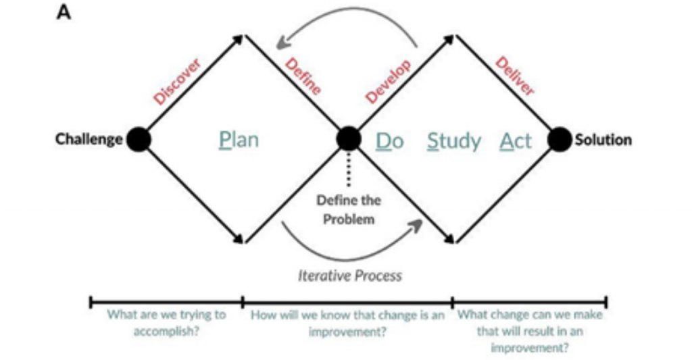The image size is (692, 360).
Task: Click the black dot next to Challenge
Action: pyautogui.click(x=138, y=140)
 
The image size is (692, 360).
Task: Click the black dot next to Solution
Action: pyautogui.click(x=560, y=140)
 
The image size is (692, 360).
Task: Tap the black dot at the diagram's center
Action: pyautogui.click(x=349, y=139)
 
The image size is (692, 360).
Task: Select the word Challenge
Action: pyautogui.click(x=89, y=140)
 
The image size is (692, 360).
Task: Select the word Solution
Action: pyautogui.click(x=603, y=140)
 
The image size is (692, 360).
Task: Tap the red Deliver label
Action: pyautogui.click(x=515, y=76)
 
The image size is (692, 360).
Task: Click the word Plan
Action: pyautogui.click(x=239, y=140)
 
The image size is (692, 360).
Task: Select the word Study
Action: pyautogui.click(x=454, y=141)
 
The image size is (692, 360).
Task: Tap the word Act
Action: pyautogui.click(x=516, y=140)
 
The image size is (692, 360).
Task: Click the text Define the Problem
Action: pyautogui.click(x=349, y=209)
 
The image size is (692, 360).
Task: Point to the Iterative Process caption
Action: pyautogui.click(x=350, y=276)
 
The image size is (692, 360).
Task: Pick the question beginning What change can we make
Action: pyautogui.click(x=530, y=331)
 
